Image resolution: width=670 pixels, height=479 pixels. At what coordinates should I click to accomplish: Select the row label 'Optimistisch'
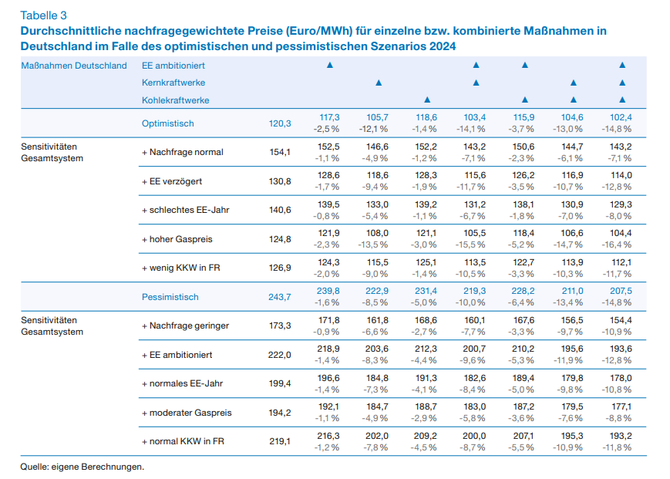point(167,123)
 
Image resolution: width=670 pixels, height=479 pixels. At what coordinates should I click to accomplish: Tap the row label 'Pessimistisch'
point(170,297)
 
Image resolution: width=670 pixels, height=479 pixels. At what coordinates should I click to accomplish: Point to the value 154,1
point(280,152)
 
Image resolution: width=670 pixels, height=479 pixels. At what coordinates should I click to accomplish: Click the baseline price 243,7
point(279,297)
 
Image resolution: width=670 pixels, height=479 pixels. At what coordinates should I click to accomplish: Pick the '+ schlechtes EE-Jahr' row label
point(186,210)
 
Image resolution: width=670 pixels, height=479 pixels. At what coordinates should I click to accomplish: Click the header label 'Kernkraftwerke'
point(173,83)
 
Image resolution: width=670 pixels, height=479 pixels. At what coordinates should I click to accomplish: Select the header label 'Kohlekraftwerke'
point(175,100)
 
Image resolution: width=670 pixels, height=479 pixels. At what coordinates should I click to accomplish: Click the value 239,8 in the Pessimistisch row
point(328,291)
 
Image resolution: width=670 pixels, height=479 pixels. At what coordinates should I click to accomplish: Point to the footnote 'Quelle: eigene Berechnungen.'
point(82,467)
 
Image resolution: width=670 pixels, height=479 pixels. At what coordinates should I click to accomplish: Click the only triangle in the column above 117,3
point(329,65)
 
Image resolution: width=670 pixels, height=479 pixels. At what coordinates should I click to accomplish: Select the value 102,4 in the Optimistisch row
point(621,117)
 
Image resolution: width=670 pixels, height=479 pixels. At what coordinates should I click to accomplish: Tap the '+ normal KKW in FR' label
point(183,441)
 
